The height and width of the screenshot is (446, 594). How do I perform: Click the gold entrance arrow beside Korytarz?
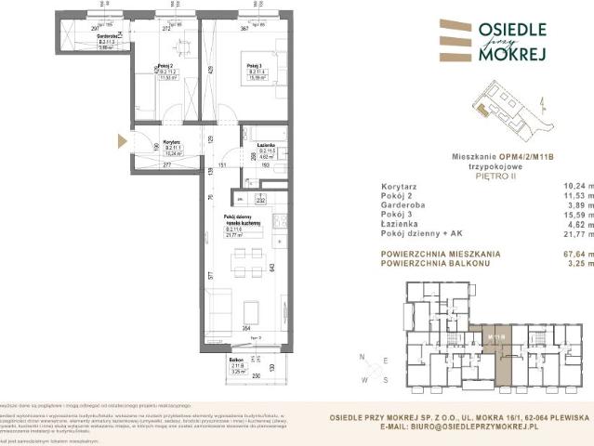tap(121, 142)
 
